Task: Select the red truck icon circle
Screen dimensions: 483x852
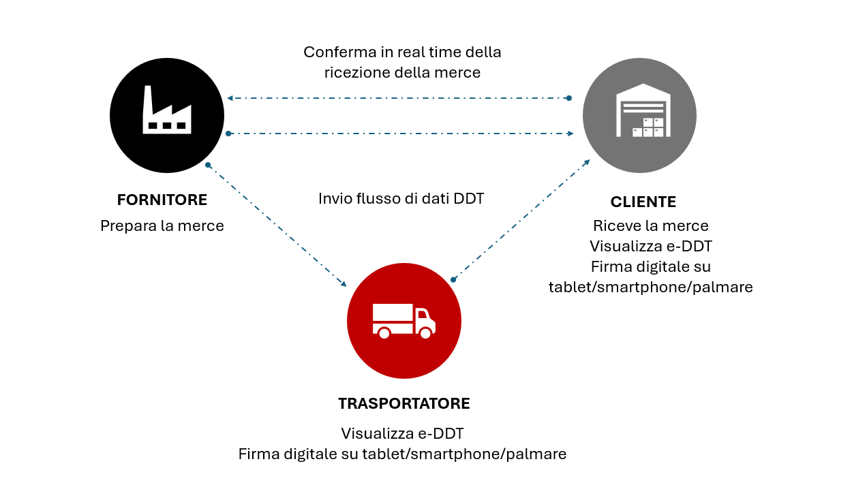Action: point(404,320)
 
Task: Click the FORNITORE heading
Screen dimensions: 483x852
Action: point(162,200)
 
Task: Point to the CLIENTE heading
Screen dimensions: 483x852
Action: point(643,202)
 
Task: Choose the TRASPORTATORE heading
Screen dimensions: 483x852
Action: point(404,403)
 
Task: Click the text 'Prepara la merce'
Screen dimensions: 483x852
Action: point(162,225)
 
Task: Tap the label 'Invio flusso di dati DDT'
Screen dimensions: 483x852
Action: point(401,199)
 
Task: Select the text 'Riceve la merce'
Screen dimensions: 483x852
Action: point(651,225)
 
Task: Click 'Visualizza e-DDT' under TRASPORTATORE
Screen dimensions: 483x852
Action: point(402,433)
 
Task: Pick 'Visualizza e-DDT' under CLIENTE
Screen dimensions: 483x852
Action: point(651,246)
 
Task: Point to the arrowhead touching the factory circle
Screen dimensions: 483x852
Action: point(230,98)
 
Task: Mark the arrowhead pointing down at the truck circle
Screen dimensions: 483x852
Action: point(345,284)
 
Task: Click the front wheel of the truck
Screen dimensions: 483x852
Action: point(425,332)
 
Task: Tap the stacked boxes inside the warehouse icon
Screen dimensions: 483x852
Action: point(650,128)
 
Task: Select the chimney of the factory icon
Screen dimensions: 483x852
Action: point(147,99)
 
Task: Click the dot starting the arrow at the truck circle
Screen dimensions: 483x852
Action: point(453,279)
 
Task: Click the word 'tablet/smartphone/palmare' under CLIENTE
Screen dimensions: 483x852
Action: point(651,287)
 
